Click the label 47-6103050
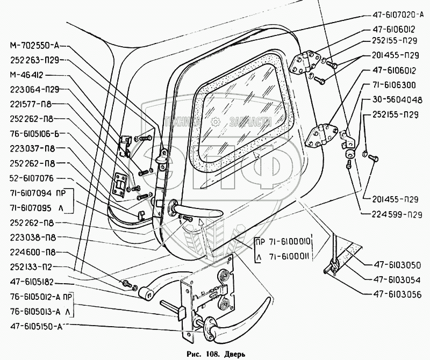click(x=398, y=265)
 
